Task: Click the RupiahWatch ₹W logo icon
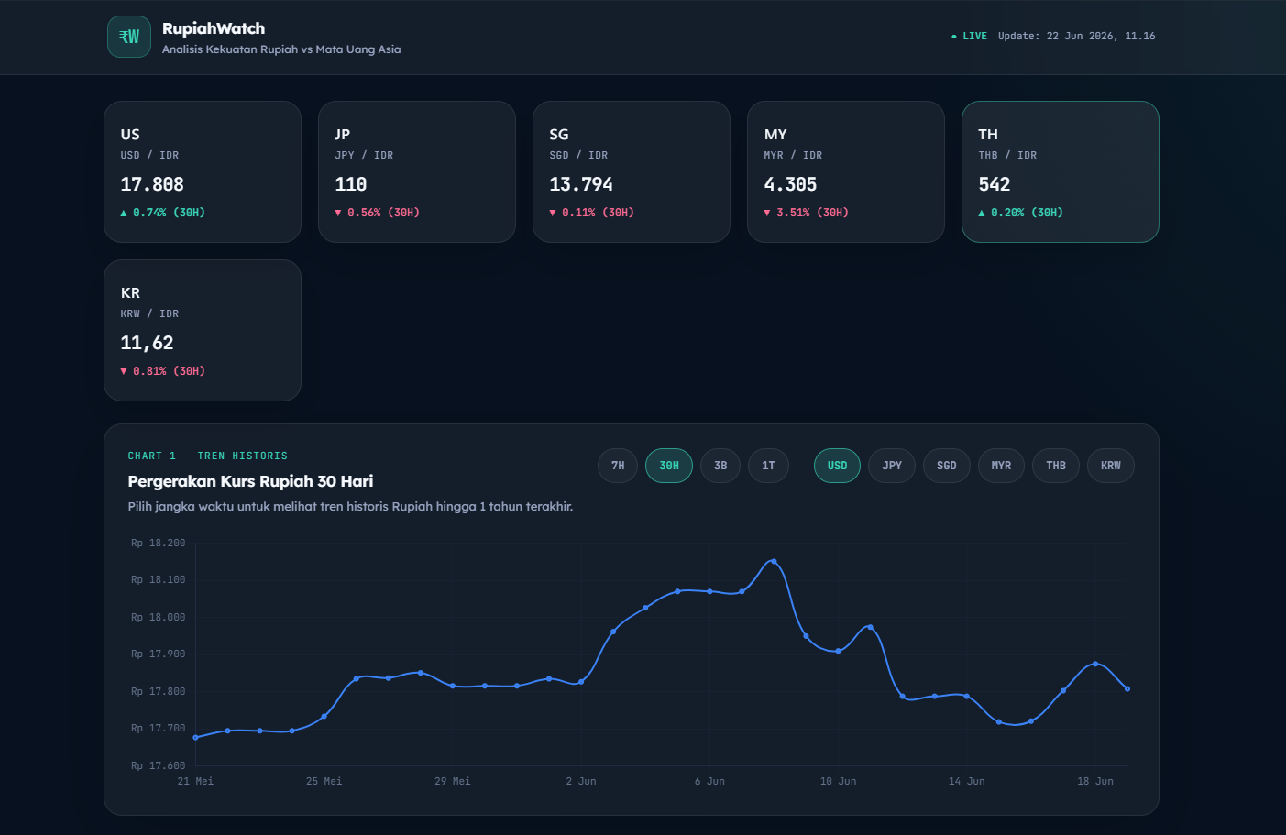point(129,37)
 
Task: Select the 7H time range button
point(618,466)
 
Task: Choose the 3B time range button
point(720,466)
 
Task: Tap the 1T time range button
point(768,466)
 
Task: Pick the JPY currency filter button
point(892,466)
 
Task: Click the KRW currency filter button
point(1111,466)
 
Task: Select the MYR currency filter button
point(1001,466)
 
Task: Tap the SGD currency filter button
point(947,466)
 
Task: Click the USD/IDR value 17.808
point(152,184)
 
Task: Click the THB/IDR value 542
point(995,184)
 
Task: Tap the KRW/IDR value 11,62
point(147,343)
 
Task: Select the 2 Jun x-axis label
point(581,781)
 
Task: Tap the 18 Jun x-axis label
point(1094,781)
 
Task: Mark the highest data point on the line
point(774,561)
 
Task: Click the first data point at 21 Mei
point(196,737)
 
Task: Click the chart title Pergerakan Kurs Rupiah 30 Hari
point(250,481)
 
